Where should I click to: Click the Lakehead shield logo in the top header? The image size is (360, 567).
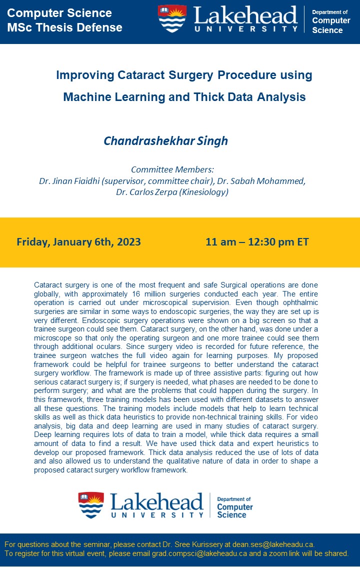pos(172,19)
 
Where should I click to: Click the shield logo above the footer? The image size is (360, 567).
pos(91,505)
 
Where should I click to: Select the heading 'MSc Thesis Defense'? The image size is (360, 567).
pos(64,27)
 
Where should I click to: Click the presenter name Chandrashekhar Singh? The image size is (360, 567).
pos(165,141)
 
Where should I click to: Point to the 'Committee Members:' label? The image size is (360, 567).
pos(172,169)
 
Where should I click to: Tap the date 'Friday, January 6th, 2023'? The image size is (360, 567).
pos(78,242)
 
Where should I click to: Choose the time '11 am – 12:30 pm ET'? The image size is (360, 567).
pos(257,242)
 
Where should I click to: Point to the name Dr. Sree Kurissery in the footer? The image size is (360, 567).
pos(191,544)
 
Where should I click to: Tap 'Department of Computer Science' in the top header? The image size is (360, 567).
pos(331,21)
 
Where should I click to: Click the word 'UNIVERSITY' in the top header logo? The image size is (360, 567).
pos(246,28)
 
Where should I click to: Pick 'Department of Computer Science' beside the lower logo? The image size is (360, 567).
pos(234,507)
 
